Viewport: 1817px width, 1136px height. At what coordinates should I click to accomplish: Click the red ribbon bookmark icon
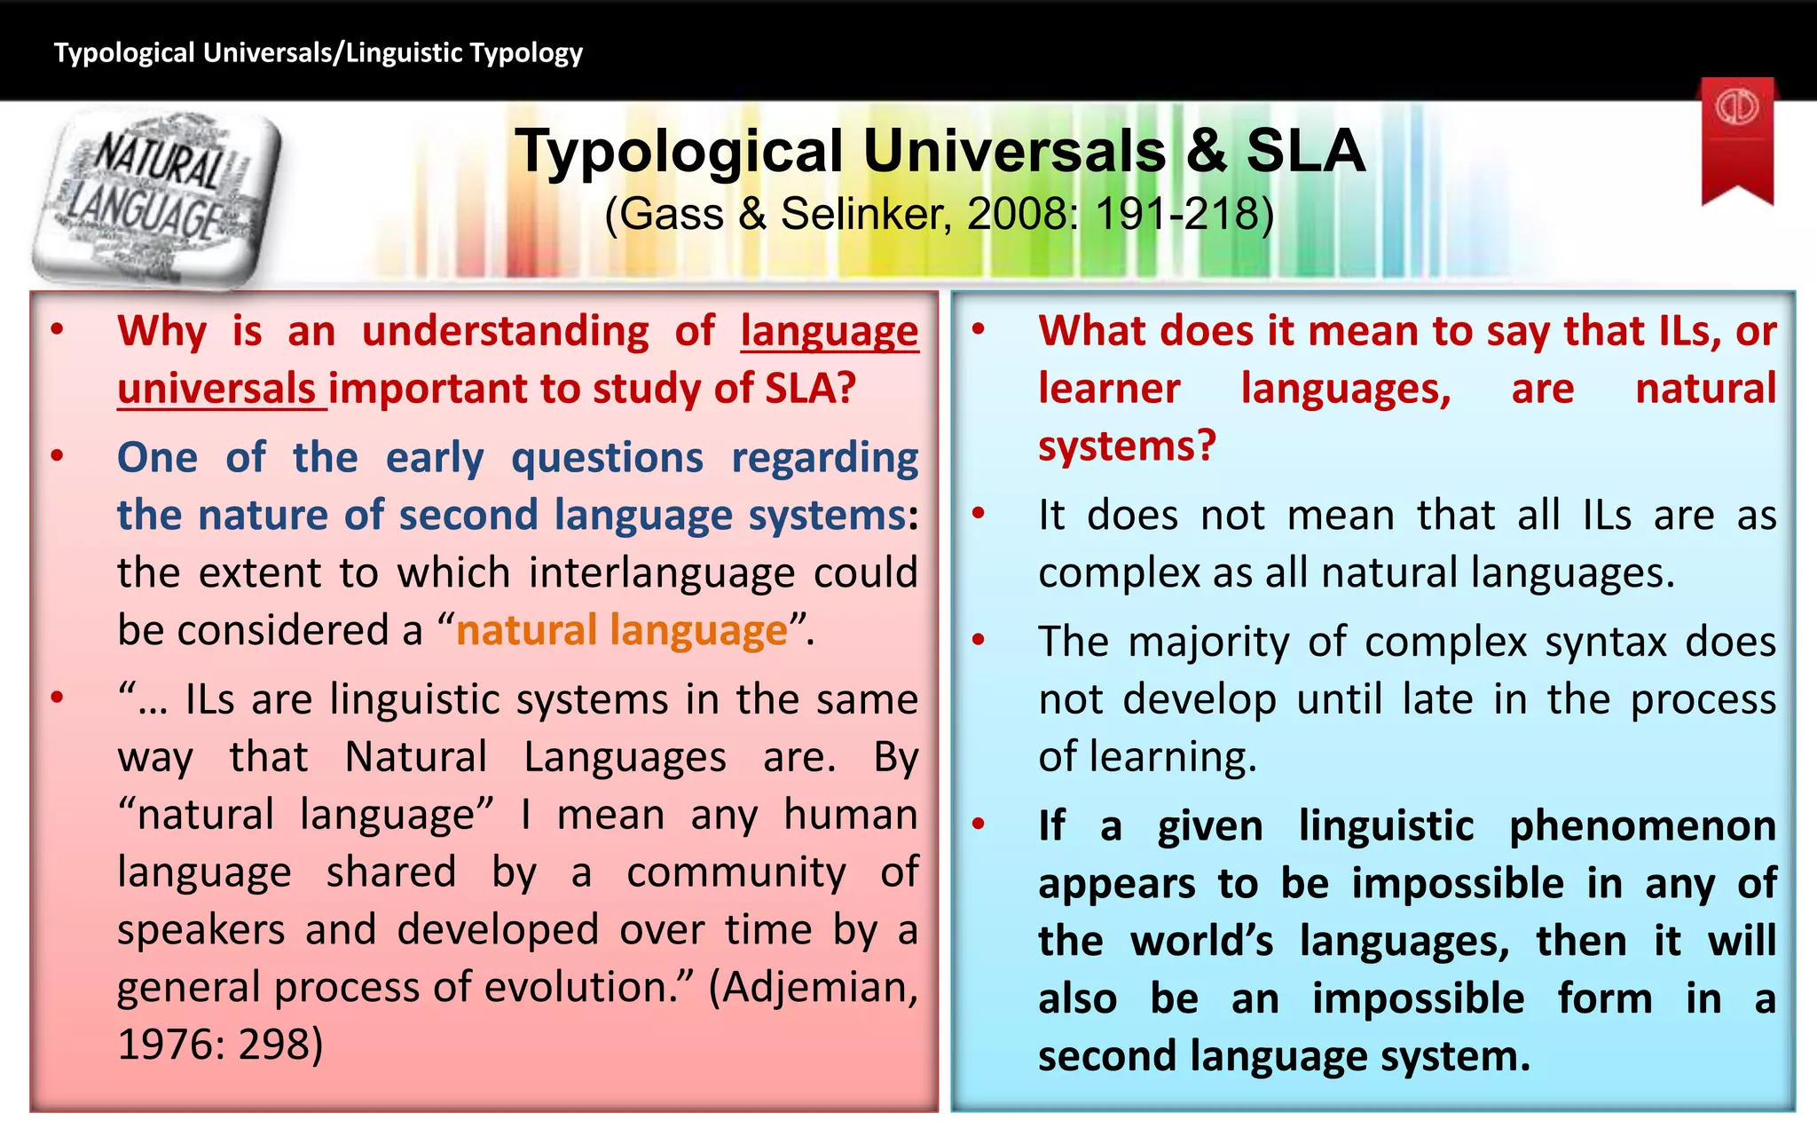click(1737, 138)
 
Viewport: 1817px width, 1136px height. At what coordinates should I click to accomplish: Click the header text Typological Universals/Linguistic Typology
click(318, 53)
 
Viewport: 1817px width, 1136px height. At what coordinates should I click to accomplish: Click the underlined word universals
click(216, 389)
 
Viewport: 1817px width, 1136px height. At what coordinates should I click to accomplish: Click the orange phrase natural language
click(621, 631)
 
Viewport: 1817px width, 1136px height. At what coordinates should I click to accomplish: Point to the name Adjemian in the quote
click(814, 988)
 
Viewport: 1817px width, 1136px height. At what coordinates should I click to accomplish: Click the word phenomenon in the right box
click(1642, 826)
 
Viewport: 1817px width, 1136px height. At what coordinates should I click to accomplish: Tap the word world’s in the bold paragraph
click(1202, 942)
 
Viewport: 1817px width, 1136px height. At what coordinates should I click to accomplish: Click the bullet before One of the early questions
click(58, 457)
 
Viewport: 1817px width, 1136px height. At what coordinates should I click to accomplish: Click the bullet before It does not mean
click(979, 514)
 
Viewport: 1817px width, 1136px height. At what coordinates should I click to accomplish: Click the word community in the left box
click(736, 872)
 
